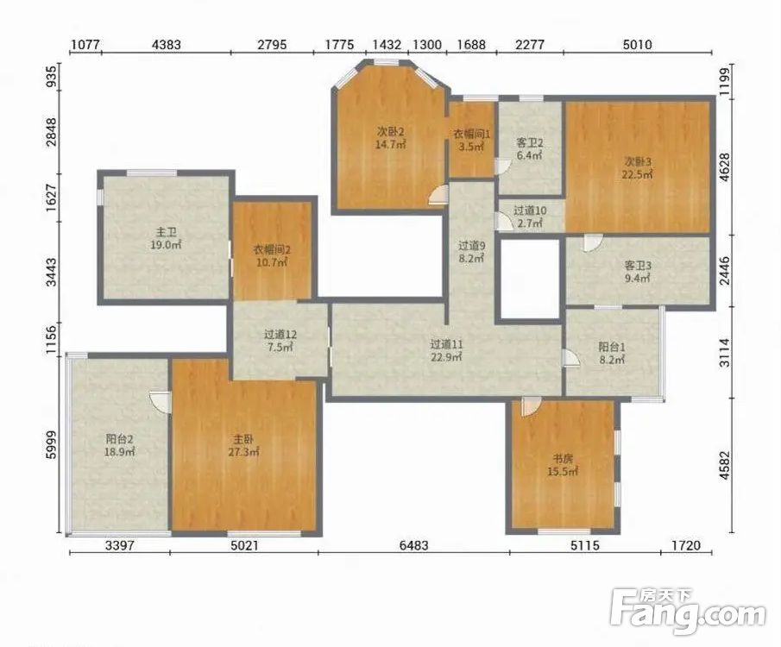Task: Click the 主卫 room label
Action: click(166, 232)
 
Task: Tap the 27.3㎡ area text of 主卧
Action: click(244, 452)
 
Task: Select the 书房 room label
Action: click(563, 458)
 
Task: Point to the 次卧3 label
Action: click(638, 162)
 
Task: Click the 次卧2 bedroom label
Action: click(390, 132)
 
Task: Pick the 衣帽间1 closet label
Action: click(472, 135)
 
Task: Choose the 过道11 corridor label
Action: click(447, 344)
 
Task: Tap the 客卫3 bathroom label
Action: click(638, 266)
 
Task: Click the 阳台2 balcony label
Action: click(120, 439)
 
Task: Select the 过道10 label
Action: click(530, 210)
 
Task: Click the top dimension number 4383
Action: click(167, 45)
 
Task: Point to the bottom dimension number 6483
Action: click(414, 545)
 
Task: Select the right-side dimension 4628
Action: click(725, 166)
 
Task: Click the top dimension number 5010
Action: click(637, 45)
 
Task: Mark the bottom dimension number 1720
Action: click(686, 545)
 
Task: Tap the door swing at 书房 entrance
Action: click(530, 406)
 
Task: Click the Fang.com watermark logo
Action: click(688, 612)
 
